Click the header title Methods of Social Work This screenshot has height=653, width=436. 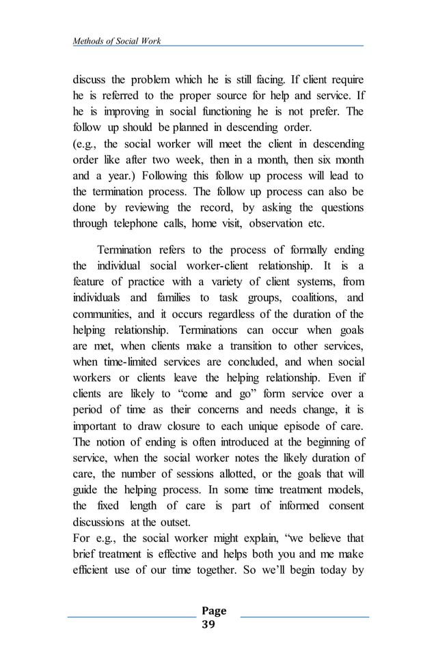click(x=117, y=41)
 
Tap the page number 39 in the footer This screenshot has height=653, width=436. click(x=208, y=624)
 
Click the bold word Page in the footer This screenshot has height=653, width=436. click(x=214, y=611)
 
